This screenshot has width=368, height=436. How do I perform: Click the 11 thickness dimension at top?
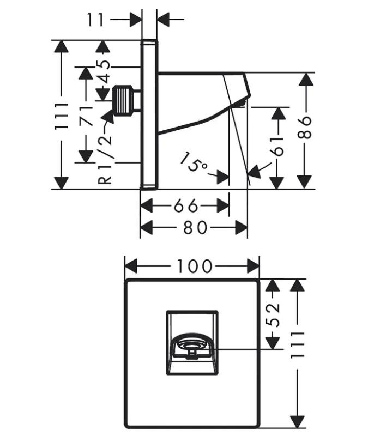pyautogui.click(x=95, y=21)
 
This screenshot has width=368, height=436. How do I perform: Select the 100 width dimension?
pyautogui.click(x=193, y=267)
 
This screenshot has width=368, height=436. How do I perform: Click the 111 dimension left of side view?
pyautogui.click(x=63, y=115)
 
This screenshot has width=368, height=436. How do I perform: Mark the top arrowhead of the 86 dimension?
pyautogui.click(x=306, y=80)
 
